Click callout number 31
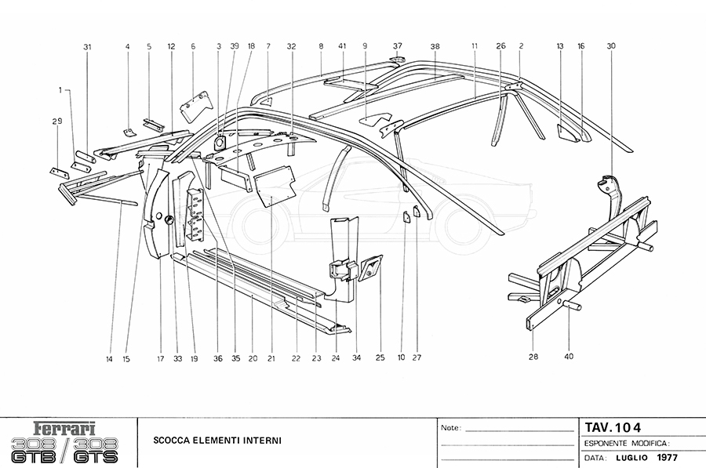(x=87, y=46)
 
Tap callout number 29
(x=56, y=121)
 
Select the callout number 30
(x=611, y=46)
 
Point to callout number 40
(x=569, y=357)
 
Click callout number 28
(x=533, y=357)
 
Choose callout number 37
(x=398, y=46)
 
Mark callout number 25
(x=380, y=358)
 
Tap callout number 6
(x=193, y=46)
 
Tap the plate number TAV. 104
(x=613, y=427)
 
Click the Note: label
(x=451, y=429)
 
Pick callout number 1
(x=59, y=91)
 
